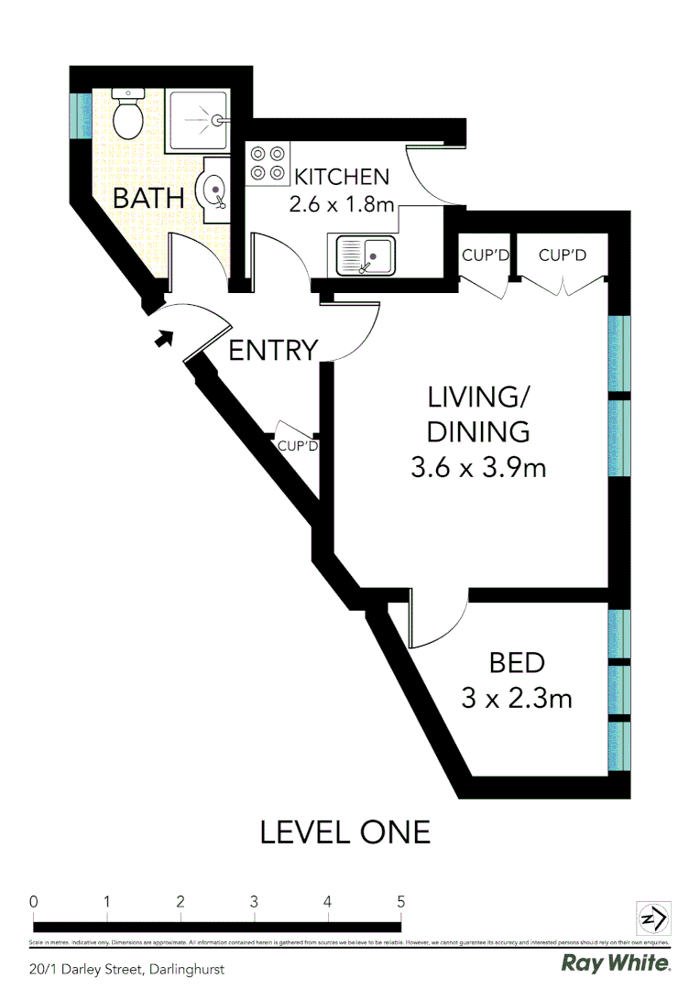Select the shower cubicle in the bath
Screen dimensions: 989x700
[196, 121]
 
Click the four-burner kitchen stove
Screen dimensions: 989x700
[268, 163]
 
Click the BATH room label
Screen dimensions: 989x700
[148, 198]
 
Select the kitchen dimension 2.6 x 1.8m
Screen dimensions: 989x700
[342, 204]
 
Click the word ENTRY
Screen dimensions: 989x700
[272, 351]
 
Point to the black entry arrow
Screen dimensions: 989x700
[163, 339]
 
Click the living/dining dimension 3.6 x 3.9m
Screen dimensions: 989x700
[478, 468]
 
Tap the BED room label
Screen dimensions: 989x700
[517, 662]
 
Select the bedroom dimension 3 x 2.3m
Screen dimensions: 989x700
[517, 699]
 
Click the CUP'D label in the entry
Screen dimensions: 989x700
[297, 447]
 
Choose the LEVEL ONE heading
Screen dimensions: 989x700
[345, 832]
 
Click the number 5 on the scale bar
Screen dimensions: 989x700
[401, 901]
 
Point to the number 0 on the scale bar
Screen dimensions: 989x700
[34, 901]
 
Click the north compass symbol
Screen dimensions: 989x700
[653, 918]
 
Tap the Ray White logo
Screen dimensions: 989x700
[616, 963]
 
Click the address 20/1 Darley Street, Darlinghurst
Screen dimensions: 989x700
[126, 968]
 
